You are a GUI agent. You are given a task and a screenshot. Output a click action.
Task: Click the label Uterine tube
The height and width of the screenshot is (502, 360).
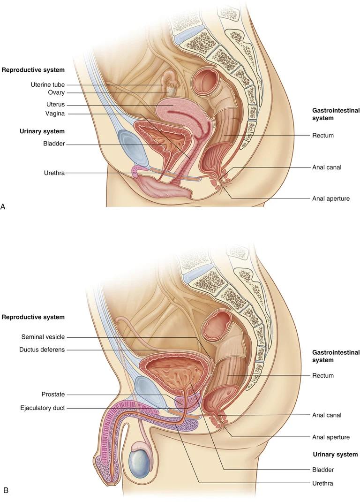click(48, 85)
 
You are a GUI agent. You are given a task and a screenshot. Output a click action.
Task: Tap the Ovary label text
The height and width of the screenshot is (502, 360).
click(56, 92)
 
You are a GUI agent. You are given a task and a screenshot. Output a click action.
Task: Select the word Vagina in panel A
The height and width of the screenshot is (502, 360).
click(55, 114)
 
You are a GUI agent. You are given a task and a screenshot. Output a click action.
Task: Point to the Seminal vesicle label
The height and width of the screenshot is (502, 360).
click(43, 337)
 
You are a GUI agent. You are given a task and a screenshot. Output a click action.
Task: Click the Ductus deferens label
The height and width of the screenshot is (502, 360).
click(42, 350)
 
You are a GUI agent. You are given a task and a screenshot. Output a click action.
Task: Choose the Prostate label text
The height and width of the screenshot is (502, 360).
click(53, 395)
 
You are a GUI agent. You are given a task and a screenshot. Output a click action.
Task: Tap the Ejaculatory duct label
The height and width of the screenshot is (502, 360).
click(43, 408)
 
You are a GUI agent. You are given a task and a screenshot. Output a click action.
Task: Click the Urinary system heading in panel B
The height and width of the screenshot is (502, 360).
click(335, 454)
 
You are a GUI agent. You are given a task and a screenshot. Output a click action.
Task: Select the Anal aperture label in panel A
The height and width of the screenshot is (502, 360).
click(331, 198)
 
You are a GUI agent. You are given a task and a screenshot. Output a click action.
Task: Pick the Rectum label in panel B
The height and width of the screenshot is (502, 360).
click(323, 375)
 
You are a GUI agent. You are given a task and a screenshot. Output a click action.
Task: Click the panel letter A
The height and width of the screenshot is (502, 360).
click(3, 207)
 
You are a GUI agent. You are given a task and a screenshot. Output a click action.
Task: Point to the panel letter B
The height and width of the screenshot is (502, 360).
click(6, 490)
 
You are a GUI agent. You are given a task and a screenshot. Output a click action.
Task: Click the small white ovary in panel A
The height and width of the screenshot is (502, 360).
click(172, 91)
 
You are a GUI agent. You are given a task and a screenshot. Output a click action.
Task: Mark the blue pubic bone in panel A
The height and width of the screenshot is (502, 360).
click(132, 147)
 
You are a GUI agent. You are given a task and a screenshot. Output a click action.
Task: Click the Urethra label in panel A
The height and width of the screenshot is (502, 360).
click(54, 173)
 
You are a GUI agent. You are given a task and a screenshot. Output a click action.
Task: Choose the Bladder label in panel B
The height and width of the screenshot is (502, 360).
click(323, 470)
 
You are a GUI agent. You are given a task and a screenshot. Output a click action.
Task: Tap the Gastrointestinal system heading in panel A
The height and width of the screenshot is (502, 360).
click(336, 114)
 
